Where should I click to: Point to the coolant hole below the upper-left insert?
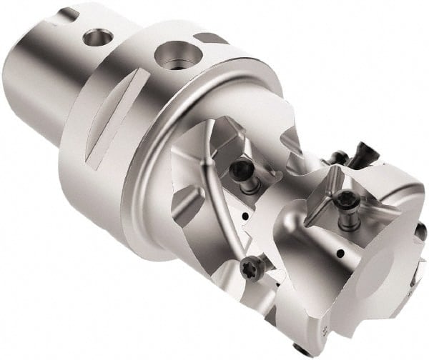[246, 214]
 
